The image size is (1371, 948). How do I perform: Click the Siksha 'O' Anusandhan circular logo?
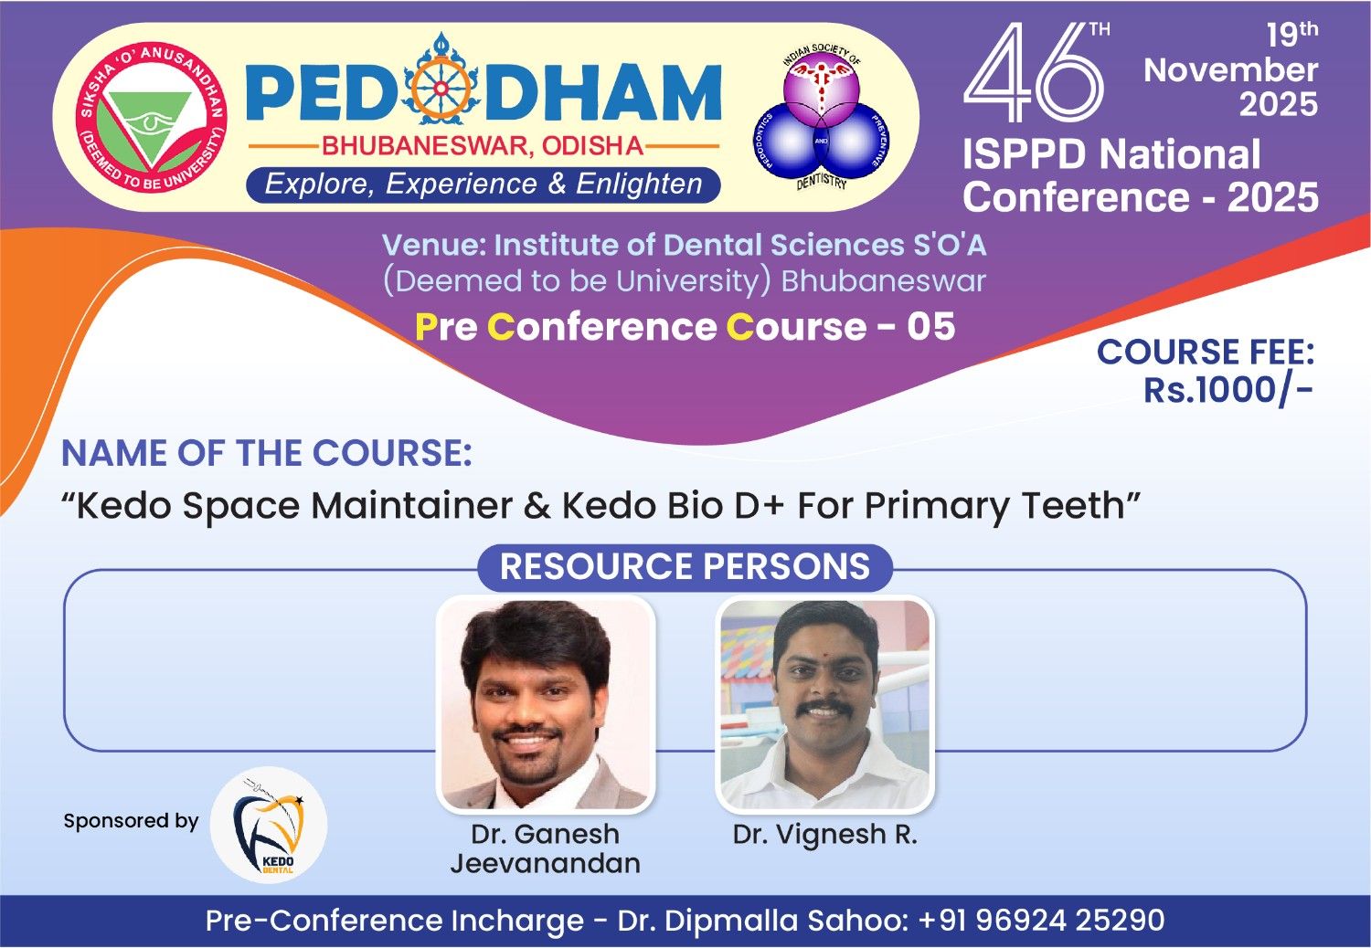[151, 118]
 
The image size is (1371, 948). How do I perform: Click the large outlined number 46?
[1034, 72]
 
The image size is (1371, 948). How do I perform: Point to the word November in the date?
[1231, 69]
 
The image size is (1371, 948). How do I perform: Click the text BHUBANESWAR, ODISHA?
[483, 146]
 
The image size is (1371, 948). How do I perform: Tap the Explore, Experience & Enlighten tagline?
[483, 184]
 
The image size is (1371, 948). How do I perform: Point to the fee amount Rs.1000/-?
[1228, 390]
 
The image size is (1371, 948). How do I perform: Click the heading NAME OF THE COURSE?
[267, 453]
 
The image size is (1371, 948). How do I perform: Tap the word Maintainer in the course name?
[412, 506]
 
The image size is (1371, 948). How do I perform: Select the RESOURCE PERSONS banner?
[685, 566]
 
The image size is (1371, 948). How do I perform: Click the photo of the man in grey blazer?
[546, 704]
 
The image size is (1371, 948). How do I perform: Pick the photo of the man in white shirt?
[825, 704]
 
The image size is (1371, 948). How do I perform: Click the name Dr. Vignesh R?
[825, 834]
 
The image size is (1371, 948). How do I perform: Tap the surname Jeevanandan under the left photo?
[546, 864]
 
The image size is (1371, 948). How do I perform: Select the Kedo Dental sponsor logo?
[269, 825]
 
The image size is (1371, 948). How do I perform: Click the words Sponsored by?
[131, 821]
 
